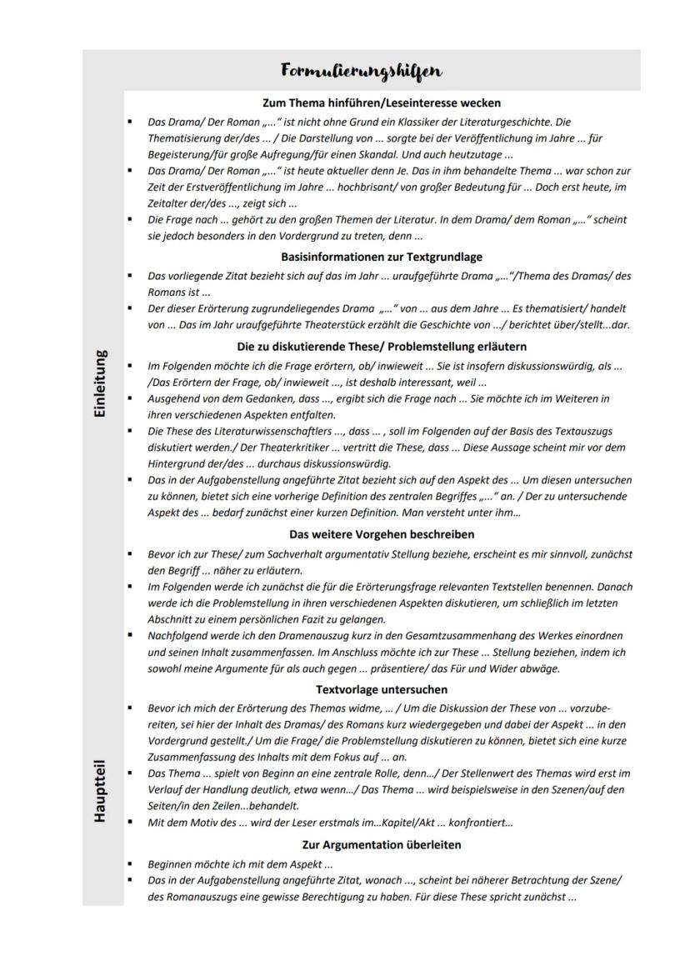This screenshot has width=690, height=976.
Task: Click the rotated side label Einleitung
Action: (100, 383)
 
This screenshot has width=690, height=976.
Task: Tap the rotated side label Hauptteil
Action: (100, 790)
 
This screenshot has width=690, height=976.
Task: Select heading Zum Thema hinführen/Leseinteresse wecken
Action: (382, 103)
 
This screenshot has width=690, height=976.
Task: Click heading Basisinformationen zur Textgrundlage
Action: (382, 257)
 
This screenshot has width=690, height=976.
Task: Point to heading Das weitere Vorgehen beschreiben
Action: (382, 534)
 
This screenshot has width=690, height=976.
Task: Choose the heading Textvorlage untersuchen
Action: (382, 689)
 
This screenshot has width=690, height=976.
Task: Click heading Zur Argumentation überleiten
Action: (382, 844)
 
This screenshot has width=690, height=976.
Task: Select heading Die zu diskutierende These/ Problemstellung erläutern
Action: (382, 346)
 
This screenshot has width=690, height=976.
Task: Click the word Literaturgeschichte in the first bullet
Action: (501, 122)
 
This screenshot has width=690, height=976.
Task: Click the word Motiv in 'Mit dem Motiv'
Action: (201, 823)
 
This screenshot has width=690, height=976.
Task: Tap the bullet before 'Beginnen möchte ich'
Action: (130, 864)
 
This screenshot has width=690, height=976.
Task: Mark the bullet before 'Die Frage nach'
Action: (130, 220)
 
